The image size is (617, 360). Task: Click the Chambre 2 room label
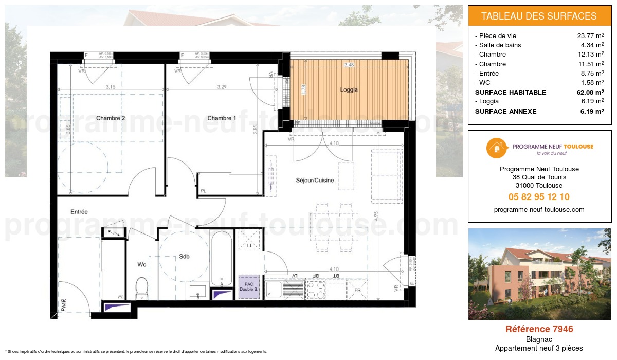pyautogui.click(x=111, y=118)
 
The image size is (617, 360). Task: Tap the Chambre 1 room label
pyautogui.click(x=222, y=118)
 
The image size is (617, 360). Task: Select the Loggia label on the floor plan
pyautogui.click(x=349, y=89)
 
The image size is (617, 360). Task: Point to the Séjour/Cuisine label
pyautogui.click(x=315, y=180)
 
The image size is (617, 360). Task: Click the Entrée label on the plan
pyautogui.click(x=79, y=211)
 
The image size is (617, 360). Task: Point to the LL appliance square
pyautogui.click(x=249, y=240)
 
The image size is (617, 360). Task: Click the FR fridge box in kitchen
pyautogui.click(x=357, y=290)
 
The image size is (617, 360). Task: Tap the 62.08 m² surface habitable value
pyautogui.click(x=589, y=93)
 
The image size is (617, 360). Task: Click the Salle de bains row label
pyautogui.click(x=499, y=45)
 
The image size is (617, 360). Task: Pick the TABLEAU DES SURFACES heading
pyautogui.click(x=539, y=16)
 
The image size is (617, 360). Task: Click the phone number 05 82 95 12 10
pyautogui.click(x=539, y=197)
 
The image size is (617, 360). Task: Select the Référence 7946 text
pyautogui.click(x=539, y=329)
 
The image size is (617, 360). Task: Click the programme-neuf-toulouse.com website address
pyautogui.click(x=539, y=210)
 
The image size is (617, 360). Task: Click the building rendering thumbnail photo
pyautogui.click(x=539, y=274)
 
